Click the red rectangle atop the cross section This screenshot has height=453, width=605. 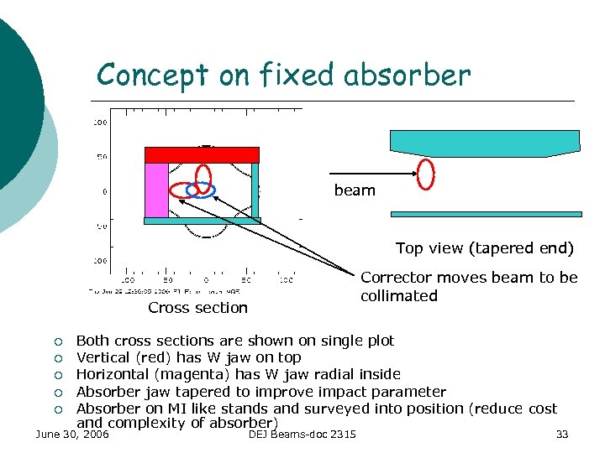point(202,154)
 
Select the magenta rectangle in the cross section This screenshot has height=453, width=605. point(157,190)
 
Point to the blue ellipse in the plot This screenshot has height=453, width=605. point(201,189)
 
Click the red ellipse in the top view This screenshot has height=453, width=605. point(427,174)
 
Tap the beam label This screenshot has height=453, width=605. point(355,190)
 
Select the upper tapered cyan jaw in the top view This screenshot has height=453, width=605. point(484,142)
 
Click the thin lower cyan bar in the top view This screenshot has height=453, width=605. point(487,215)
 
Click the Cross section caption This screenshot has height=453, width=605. point(197,308)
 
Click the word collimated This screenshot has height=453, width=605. point(399,295)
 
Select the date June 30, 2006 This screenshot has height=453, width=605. point(71,434)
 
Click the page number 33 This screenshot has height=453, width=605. point(562,434)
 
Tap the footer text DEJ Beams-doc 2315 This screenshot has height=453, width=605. point(302,434)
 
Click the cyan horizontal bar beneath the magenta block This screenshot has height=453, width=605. point(203,221)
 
